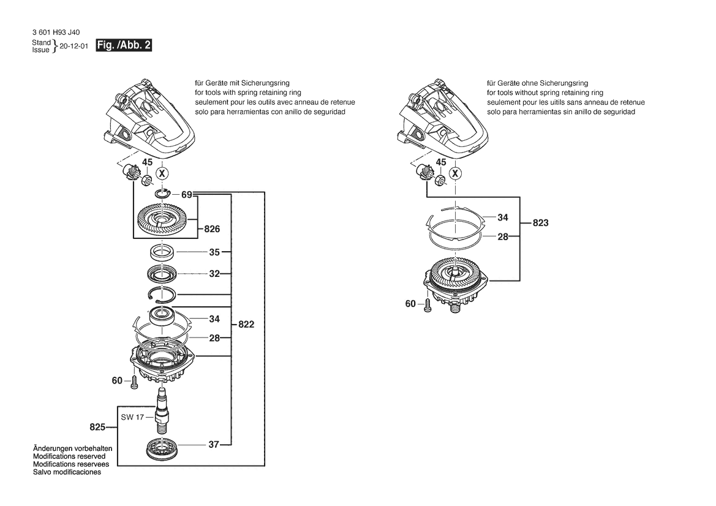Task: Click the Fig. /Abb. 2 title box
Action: tap(123, 45)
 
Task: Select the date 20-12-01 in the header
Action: tap(74, 46)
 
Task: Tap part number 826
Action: tap(212, 228)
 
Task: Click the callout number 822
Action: tap(246, 324)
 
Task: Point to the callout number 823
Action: tap(541, 223)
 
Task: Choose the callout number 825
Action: tap(98, 427)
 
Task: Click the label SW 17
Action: tap(132, 417)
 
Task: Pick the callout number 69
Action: tap(187, 195)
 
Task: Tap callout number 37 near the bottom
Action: tap(214, 444)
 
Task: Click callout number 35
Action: tap(214, 252)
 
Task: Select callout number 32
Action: tap(214, 274)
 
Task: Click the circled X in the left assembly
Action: tap(162, 173)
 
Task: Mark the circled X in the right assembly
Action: tap(455, 173)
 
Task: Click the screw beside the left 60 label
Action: tap(134, 382)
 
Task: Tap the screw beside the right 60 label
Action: tap(428, 306)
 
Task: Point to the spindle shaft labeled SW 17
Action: tap(163, 409)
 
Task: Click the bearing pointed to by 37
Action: tap(162, 448)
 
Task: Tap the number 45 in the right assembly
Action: tap(440, 162)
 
